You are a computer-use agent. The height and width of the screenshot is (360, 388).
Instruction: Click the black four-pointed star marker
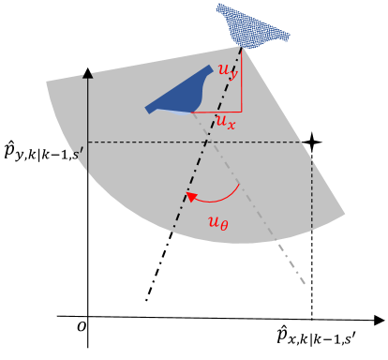click(x=312, y=142)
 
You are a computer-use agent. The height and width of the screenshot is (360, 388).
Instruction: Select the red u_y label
click(x=226, y=71)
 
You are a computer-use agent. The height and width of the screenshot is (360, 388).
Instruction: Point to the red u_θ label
click(x=218, y=223)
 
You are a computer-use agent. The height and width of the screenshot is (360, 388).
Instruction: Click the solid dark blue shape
click(x=184, y=94)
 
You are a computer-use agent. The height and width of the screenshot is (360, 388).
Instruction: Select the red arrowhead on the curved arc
click(x=188, y=198)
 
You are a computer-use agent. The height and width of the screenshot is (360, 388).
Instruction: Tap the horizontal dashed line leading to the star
click(x=187, y=142)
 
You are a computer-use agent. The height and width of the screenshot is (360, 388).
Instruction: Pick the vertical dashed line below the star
click(x=312, y=234)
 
